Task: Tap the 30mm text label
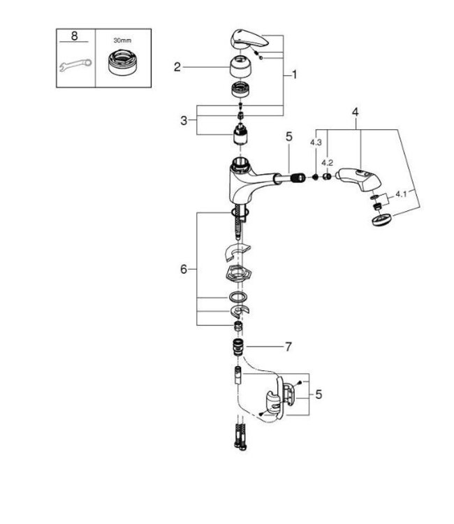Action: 122,41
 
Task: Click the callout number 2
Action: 177,66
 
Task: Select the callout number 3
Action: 184,120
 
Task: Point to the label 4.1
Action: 401,194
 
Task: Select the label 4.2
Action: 326,163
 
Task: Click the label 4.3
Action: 315,143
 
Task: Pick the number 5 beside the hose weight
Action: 318,395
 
